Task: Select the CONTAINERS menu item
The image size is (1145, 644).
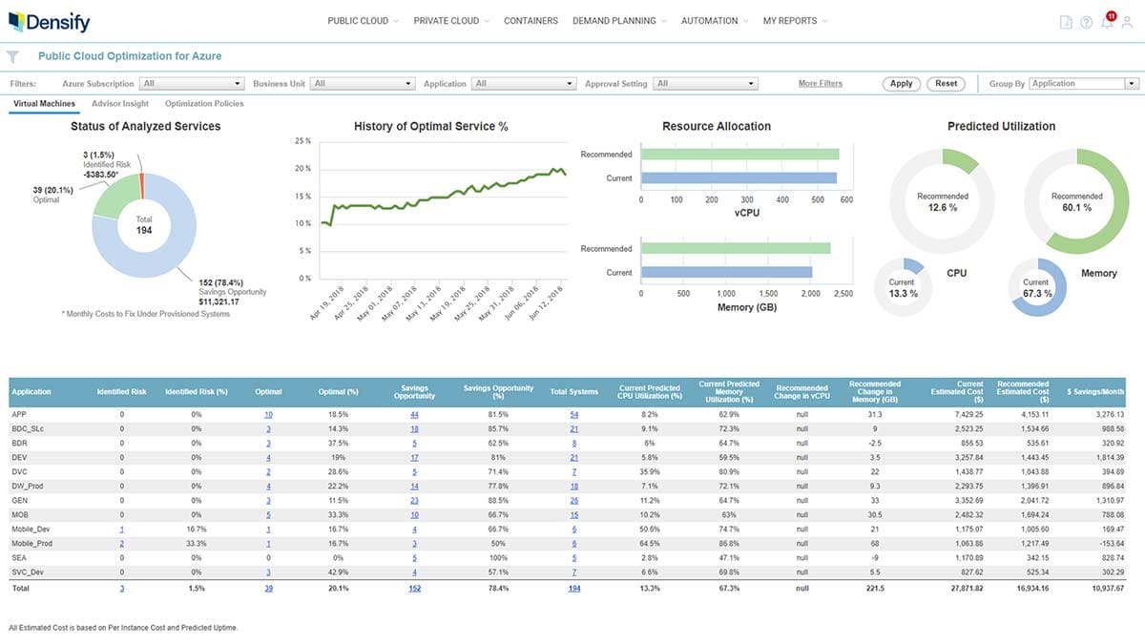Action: click(x=531, y=21)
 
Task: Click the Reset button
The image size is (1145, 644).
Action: click(x=946, y=84)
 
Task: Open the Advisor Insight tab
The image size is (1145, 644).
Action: click(x=120, y=104)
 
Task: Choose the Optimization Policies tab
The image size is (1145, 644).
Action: click(x=204, y=104)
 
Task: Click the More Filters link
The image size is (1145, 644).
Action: click(x=820, y=84)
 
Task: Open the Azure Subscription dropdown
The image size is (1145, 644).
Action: click(x=192, y=84)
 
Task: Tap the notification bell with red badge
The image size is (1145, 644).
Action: click(x=1107, y=22)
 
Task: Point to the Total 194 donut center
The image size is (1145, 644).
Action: click(x=143, y=225)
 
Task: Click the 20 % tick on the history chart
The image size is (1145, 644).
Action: click(x=302, y=169)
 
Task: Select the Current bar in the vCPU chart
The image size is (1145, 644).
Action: click(x=738, y=178)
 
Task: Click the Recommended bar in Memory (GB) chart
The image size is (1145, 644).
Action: click(x=736, y=249)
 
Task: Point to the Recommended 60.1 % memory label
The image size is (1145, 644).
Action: click(x=1076, y=201)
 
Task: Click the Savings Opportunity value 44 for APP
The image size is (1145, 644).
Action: click(x=414, y=415)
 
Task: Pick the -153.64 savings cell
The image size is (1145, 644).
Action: click(x=1107, y=544)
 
